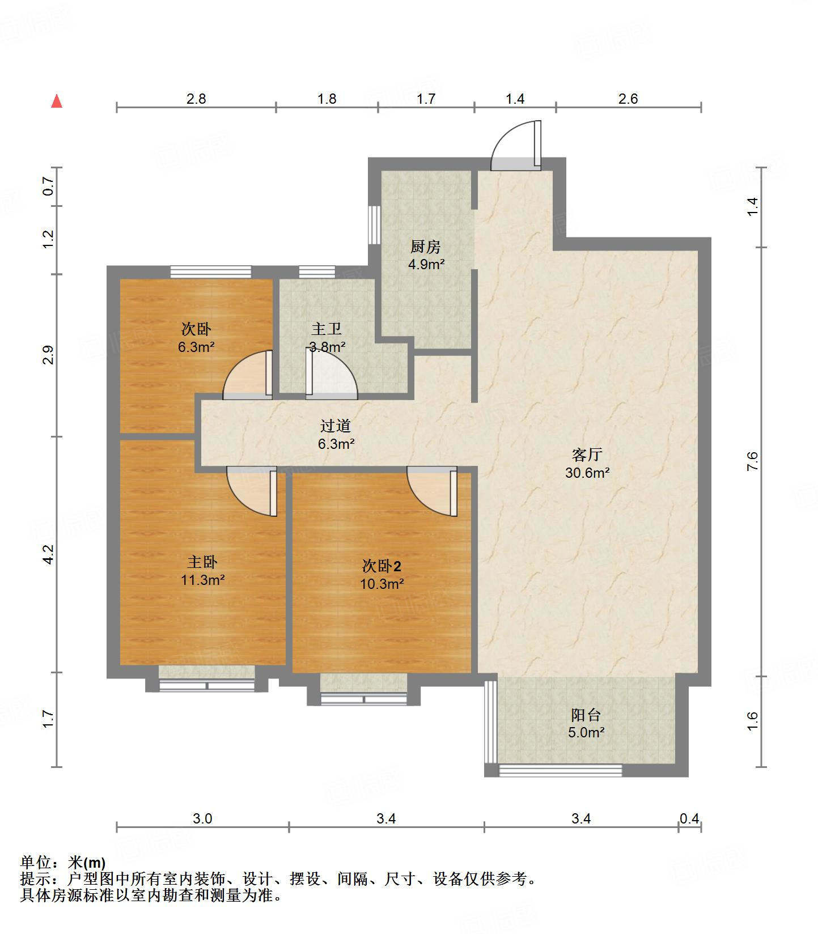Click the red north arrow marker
(57, 101)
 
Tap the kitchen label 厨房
(425, 247)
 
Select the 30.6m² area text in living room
(587, 473)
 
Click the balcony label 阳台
(586, 715)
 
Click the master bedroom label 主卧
(202, 562)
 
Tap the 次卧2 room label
(382, 566)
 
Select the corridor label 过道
(336, 426)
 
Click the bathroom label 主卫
(327, 329)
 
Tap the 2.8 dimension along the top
(196, 99)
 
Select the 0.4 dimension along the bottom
(689, 818)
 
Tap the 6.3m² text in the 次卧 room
(196, 347)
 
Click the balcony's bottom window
(560, 770)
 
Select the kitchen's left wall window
(374, 224)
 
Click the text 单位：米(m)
(63, 863)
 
